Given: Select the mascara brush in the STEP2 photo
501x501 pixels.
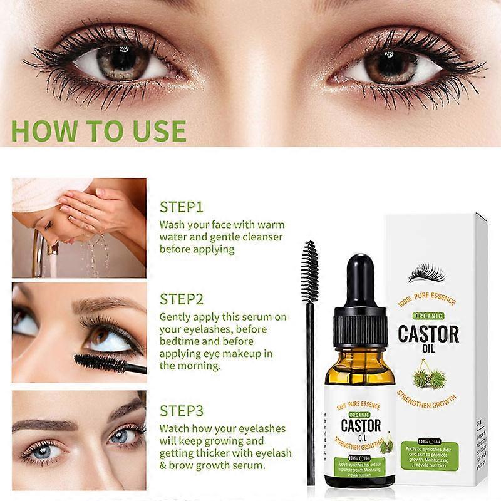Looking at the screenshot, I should (100, 361).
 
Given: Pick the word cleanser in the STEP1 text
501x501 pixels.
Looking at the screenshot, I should (261, 237).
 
